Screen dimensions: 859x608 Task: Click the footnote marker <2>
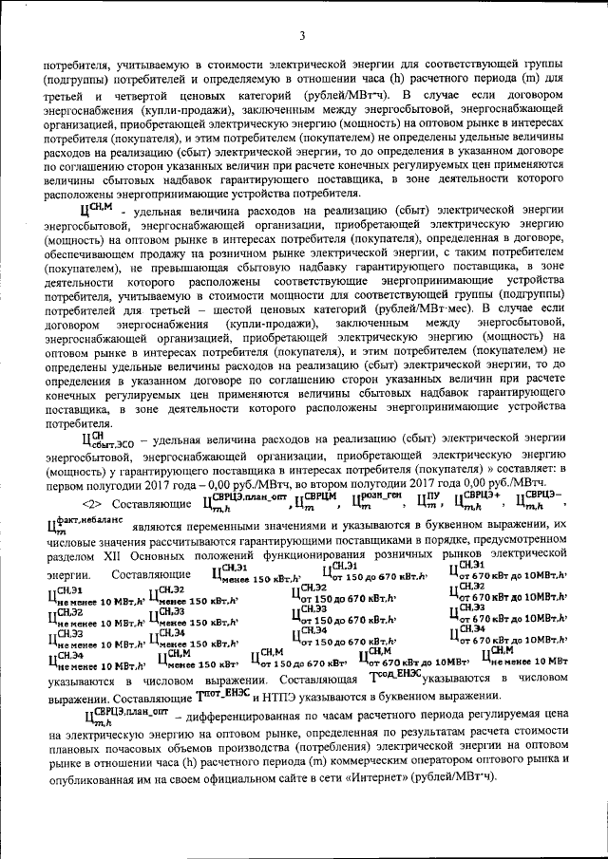[x=92, y=500]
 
